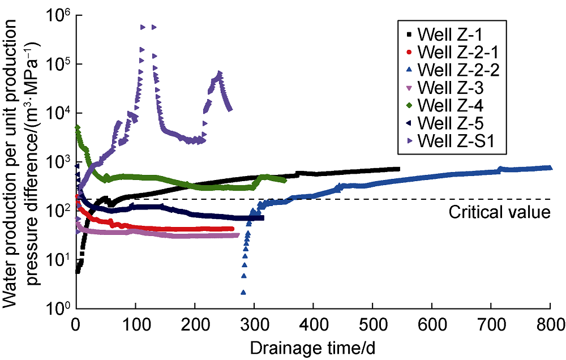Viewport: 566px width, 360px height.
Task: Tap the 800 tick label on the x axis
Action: (550, 324)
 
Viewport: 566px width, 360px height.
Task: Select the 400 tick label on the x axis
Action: (314, 324)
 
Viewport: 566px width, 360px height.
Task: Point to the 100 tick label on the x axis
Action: (136, 324)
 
